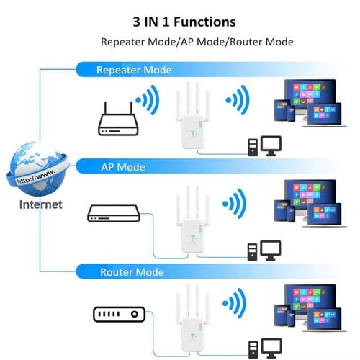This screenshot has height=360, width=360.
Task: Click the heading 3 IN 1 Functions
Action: click(180, 22)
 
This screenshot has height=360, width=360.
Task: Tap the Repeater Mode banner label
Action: click(134, 70)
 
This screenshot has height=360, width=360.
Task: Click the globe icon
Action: click(35, 166)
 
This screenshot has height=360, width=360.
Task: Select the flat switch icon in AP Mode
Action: click(114, 213)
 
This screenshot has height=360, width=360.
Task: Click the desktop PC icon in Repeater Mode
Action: click(264, 148)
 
